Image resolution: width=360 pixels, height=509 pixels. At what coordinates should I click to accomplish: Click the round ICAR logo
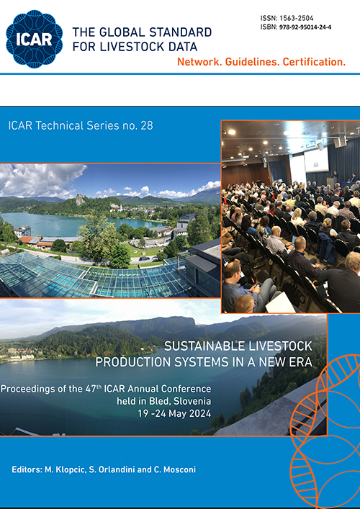point(34,39)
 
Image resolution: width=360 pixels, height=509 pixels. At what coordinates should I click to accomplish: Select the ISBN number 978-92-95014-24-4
point(305,27)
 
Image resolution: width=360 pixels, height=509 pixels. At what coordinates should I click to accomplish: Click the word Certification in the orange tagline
point(314,62)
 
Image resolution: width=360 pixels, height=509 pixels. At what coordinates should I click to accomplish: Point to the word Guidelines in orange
point(248,62)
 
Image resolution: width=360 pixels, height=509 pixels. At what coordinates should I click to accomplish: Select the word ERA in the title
point(302,362)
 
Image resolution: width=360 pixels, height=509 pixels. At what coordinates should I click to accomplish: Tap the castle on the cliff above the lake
point(80,199)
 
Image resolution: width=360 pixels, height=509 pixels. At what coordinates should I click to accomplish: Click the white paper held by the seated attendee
point(280,303)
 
